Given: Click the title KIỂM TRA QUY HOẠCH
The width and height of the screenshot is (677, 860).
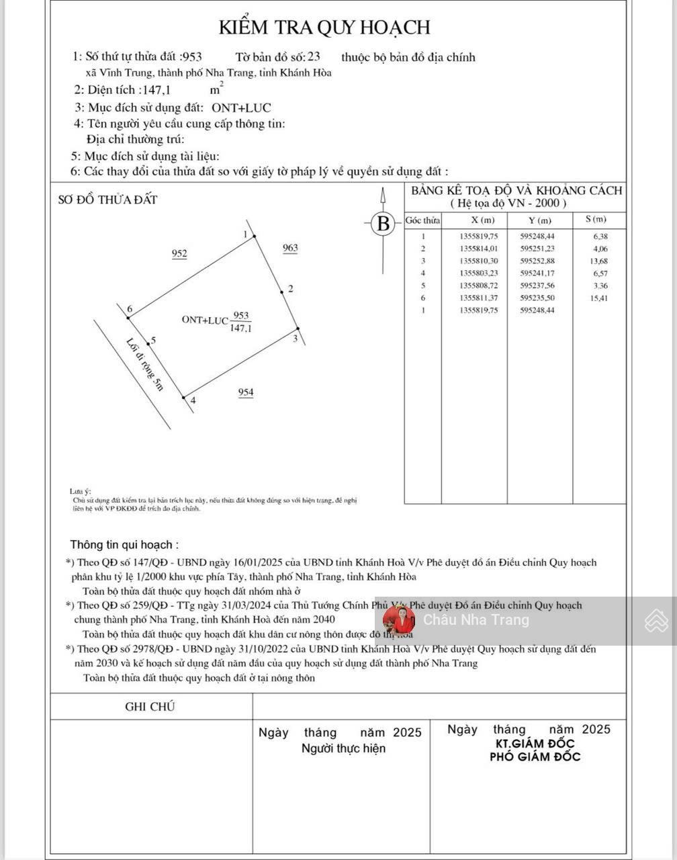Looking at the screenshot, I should pyautogui.click(x=324, y=28).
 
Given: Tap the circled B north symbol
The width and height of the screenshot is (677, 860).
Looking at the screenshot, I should pyautogui.click(x=383, y=224).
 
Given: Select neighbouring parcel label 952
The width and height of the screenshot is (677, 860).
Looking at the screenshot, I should pyautogui.click(x=179, y=254).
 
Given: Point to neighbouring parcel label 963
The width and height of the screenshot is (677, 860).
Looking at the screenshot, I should pyautogui.click(x=290, y=248).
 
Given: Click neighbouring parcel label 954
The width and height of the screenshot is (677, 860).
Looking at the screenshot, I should pyautogui.click(x=246, y=392).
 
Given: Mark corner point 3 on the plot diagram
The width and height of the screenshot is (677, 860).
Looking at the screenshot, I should pyautogui.click(x=297, y=329).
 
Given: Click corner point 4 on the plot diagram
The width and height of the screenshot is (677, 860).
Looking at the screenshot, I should pyautogui.click(x=184, y=398).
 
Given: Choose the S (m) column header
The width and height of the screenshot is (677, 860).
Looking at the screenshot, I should pyautogui.click(x=596, y=220).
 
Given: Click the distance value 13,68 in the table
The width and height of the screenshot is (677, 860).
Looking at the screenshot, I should pyautogui.click(x=598, y=261).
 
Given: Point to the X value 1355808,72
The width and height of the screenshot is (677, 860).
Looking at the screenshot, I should pyautogui.click(x=479, y=286).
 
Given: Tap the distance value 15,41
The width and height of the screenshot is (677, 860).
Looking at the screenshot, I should pyautogui.click(x=598, y=298).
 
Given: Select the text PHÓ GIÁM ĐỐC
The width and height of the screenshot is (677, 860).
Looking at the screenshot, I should pyautogui.click(x=535, y=757).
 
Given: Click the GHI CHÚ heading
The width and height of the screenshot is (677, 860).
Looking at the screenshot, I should pyautogui.click(x=150, y=706).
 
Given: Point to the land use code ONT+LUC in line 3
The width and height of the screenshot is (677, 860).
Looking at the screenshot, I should pyautogui.click(x=242, y=107).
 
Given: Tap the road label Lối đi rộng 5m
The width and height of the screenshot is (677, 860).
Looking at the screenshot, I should pyautogui.click(x=145, y=363).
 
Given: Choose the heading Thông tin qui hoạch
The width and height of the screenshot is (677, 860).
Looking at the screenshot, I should pyautogui.click(x=125, y=545).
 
